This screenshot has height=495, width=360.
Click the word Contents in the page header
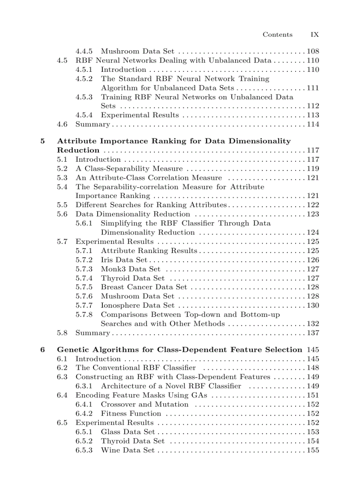pyautogui.click(x=277, y=34)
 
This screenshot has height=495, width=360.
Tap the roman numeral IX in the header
pyautogui.click(x=315, y=34)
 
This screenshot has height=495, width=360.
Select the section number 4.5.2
pyautogui.click(x=84, y=79)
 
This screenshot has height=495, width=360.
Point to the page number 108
pyautogui.click(x=313, y=52)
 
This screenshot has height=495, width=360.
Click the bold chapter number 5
pyautogui.click(x=42, y=141)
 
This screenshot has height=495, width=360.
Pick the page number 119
pyautogui.click(x=313, y=169)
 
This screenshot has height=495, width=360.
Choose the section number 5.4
pyautogui.click(x=62, y=187)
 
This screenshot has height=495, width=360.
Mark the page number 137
pyautogui.click(x=313, y=333)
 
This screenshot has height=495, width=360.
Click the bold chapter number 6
pyautogui.click(x=42, y=350)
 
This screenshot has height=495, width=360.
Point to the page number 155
pyautogui.click(x=313, y=450)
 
